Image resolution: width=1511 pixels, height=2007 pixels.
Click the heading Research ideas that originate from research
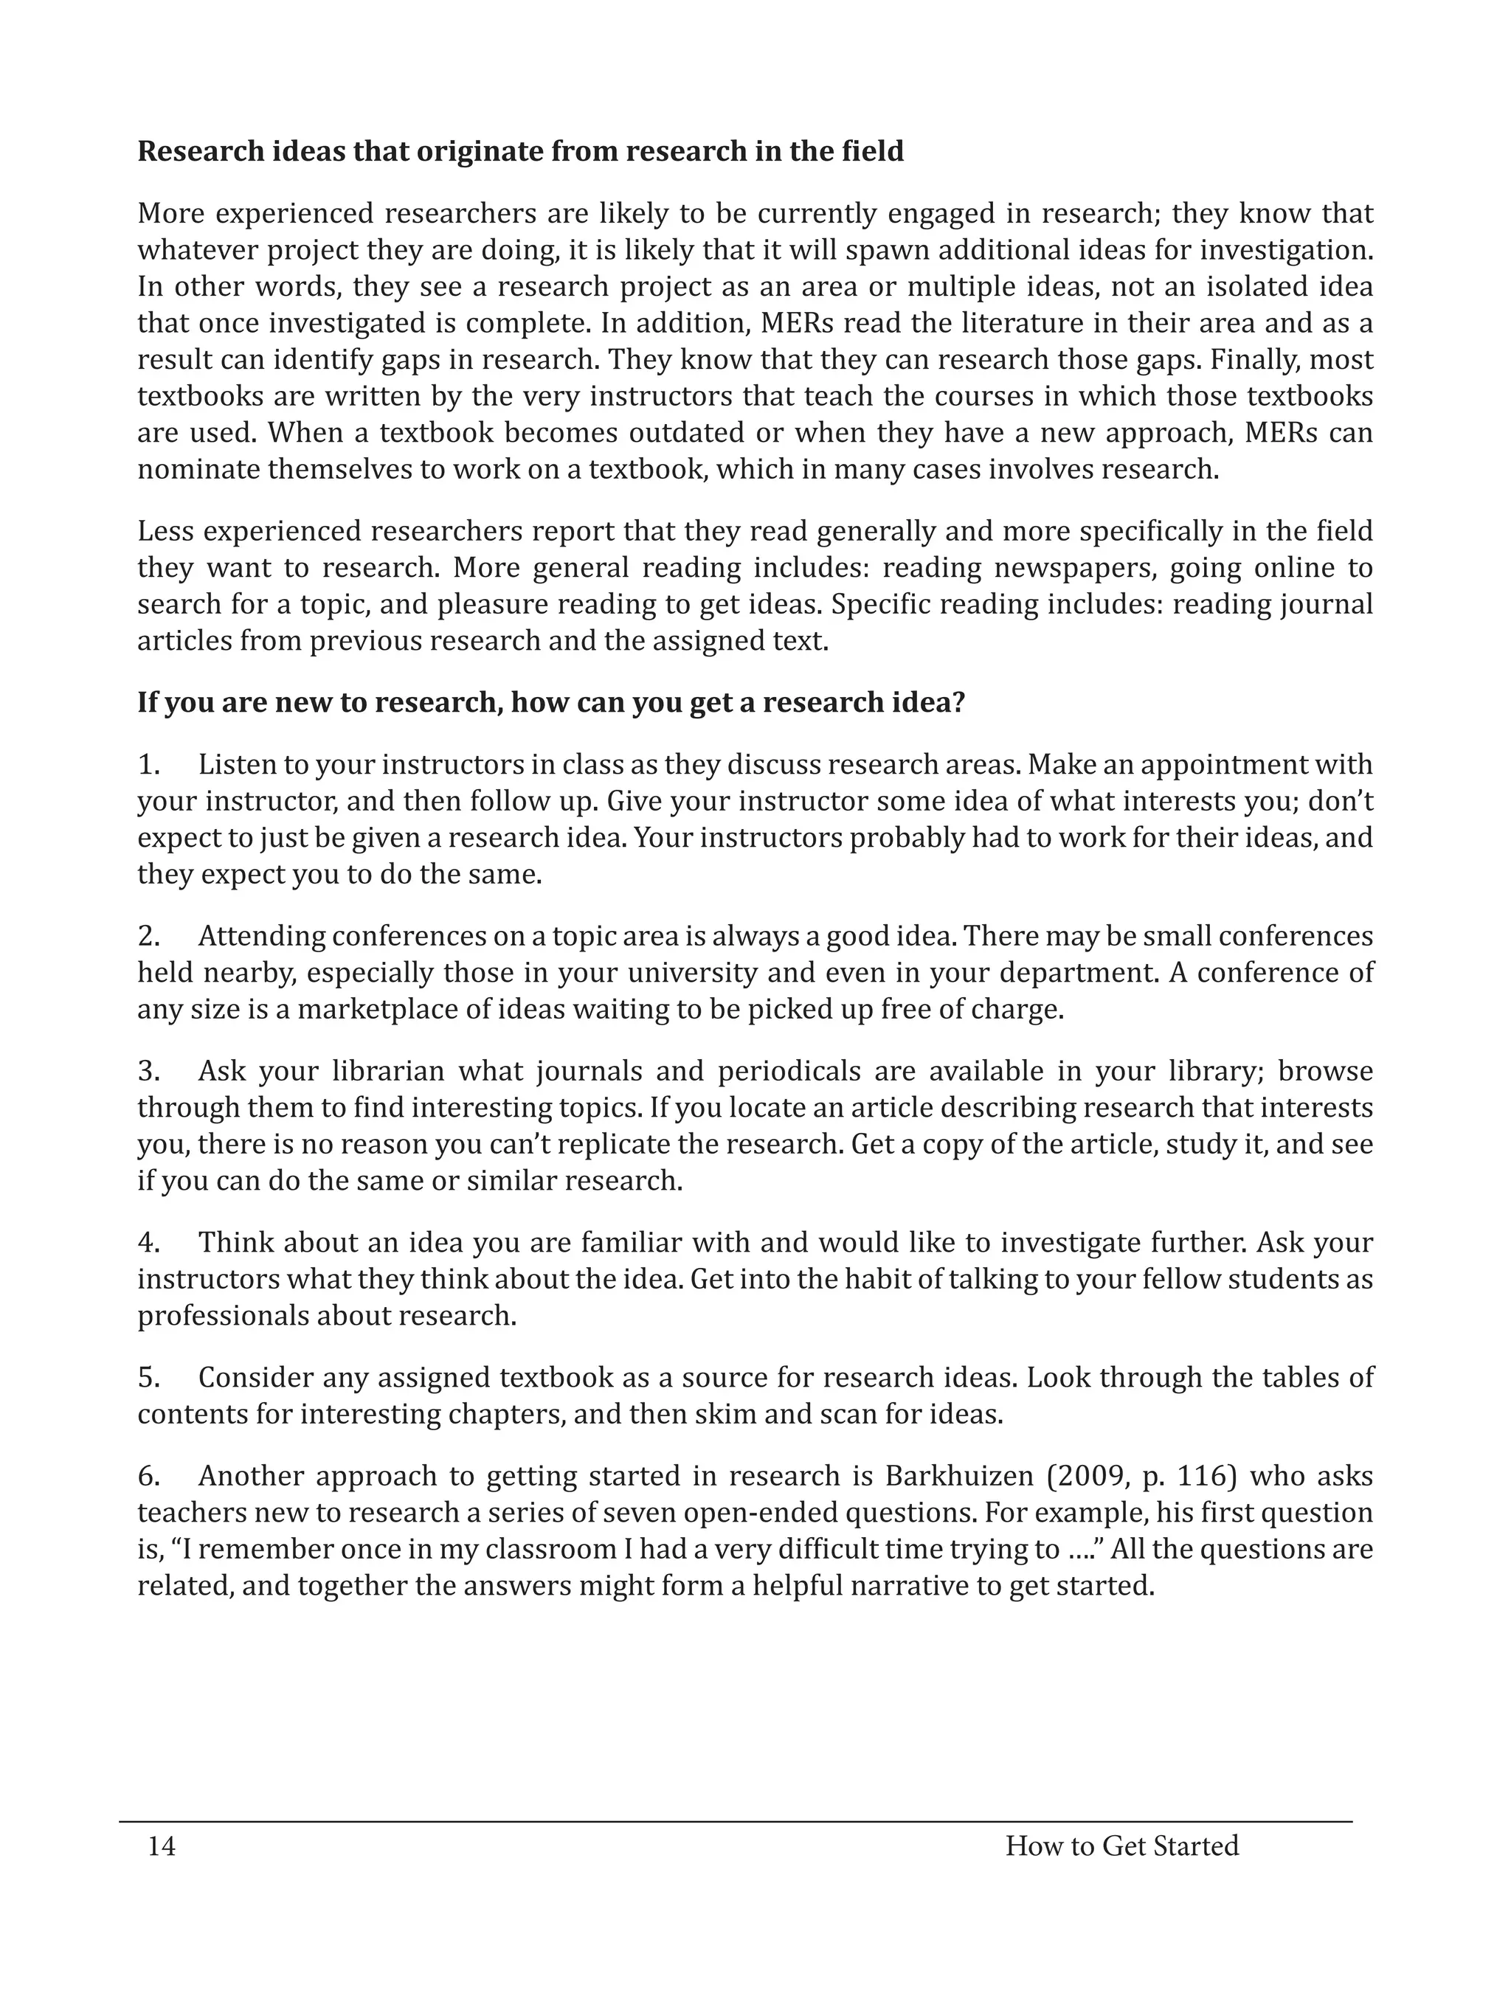coord(520,151)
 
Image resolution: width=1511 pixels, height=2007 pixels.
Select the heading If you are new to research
coord(551,702)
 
